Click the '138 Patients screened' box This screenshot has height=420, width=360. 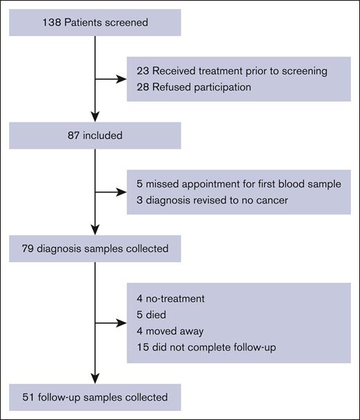pos(95,21)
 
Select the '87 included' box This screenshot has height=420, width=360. pos(95,136)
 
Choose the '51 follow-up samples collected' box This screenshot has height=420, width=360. pos(95,397)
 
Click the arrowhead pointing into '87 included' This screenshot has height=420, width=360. pos(95,119)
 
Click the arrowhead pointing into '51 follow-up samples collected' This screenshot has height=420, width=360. pos(95,381)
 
